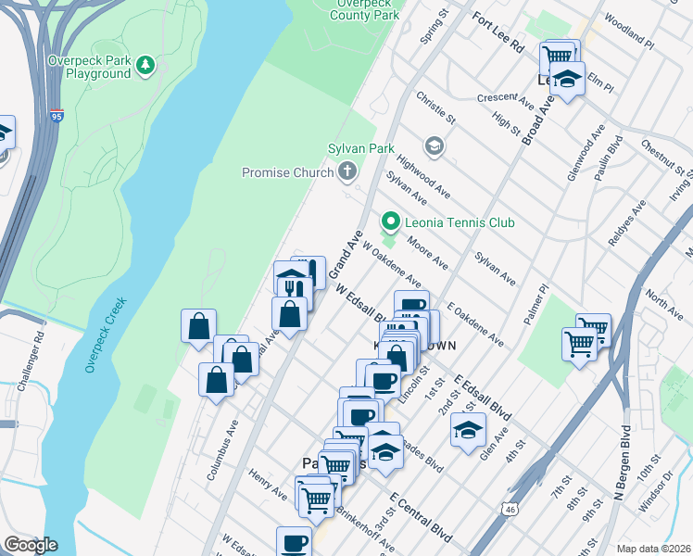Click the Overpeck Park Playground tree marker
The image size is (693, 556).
tap(145, 64)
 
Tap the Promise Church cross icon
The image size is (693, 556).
tap(347, 171)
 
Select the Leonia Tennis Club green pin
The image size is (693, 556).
tap(390, 222)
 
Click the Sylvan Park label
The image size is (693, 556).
tap(361, 148)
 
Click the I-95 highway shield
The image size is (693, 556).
tap(57, 117)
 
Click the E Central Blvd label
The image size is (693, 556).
tap(421, 520)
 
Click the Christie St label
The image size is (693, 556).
tap(436, 107)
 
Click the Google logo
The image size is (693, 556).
tap(31, 545)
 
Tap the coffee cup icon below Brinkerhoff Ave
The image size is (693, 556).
tap(295, 541)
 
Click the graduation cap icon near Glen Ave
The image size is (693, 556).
tap(468, 427)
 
